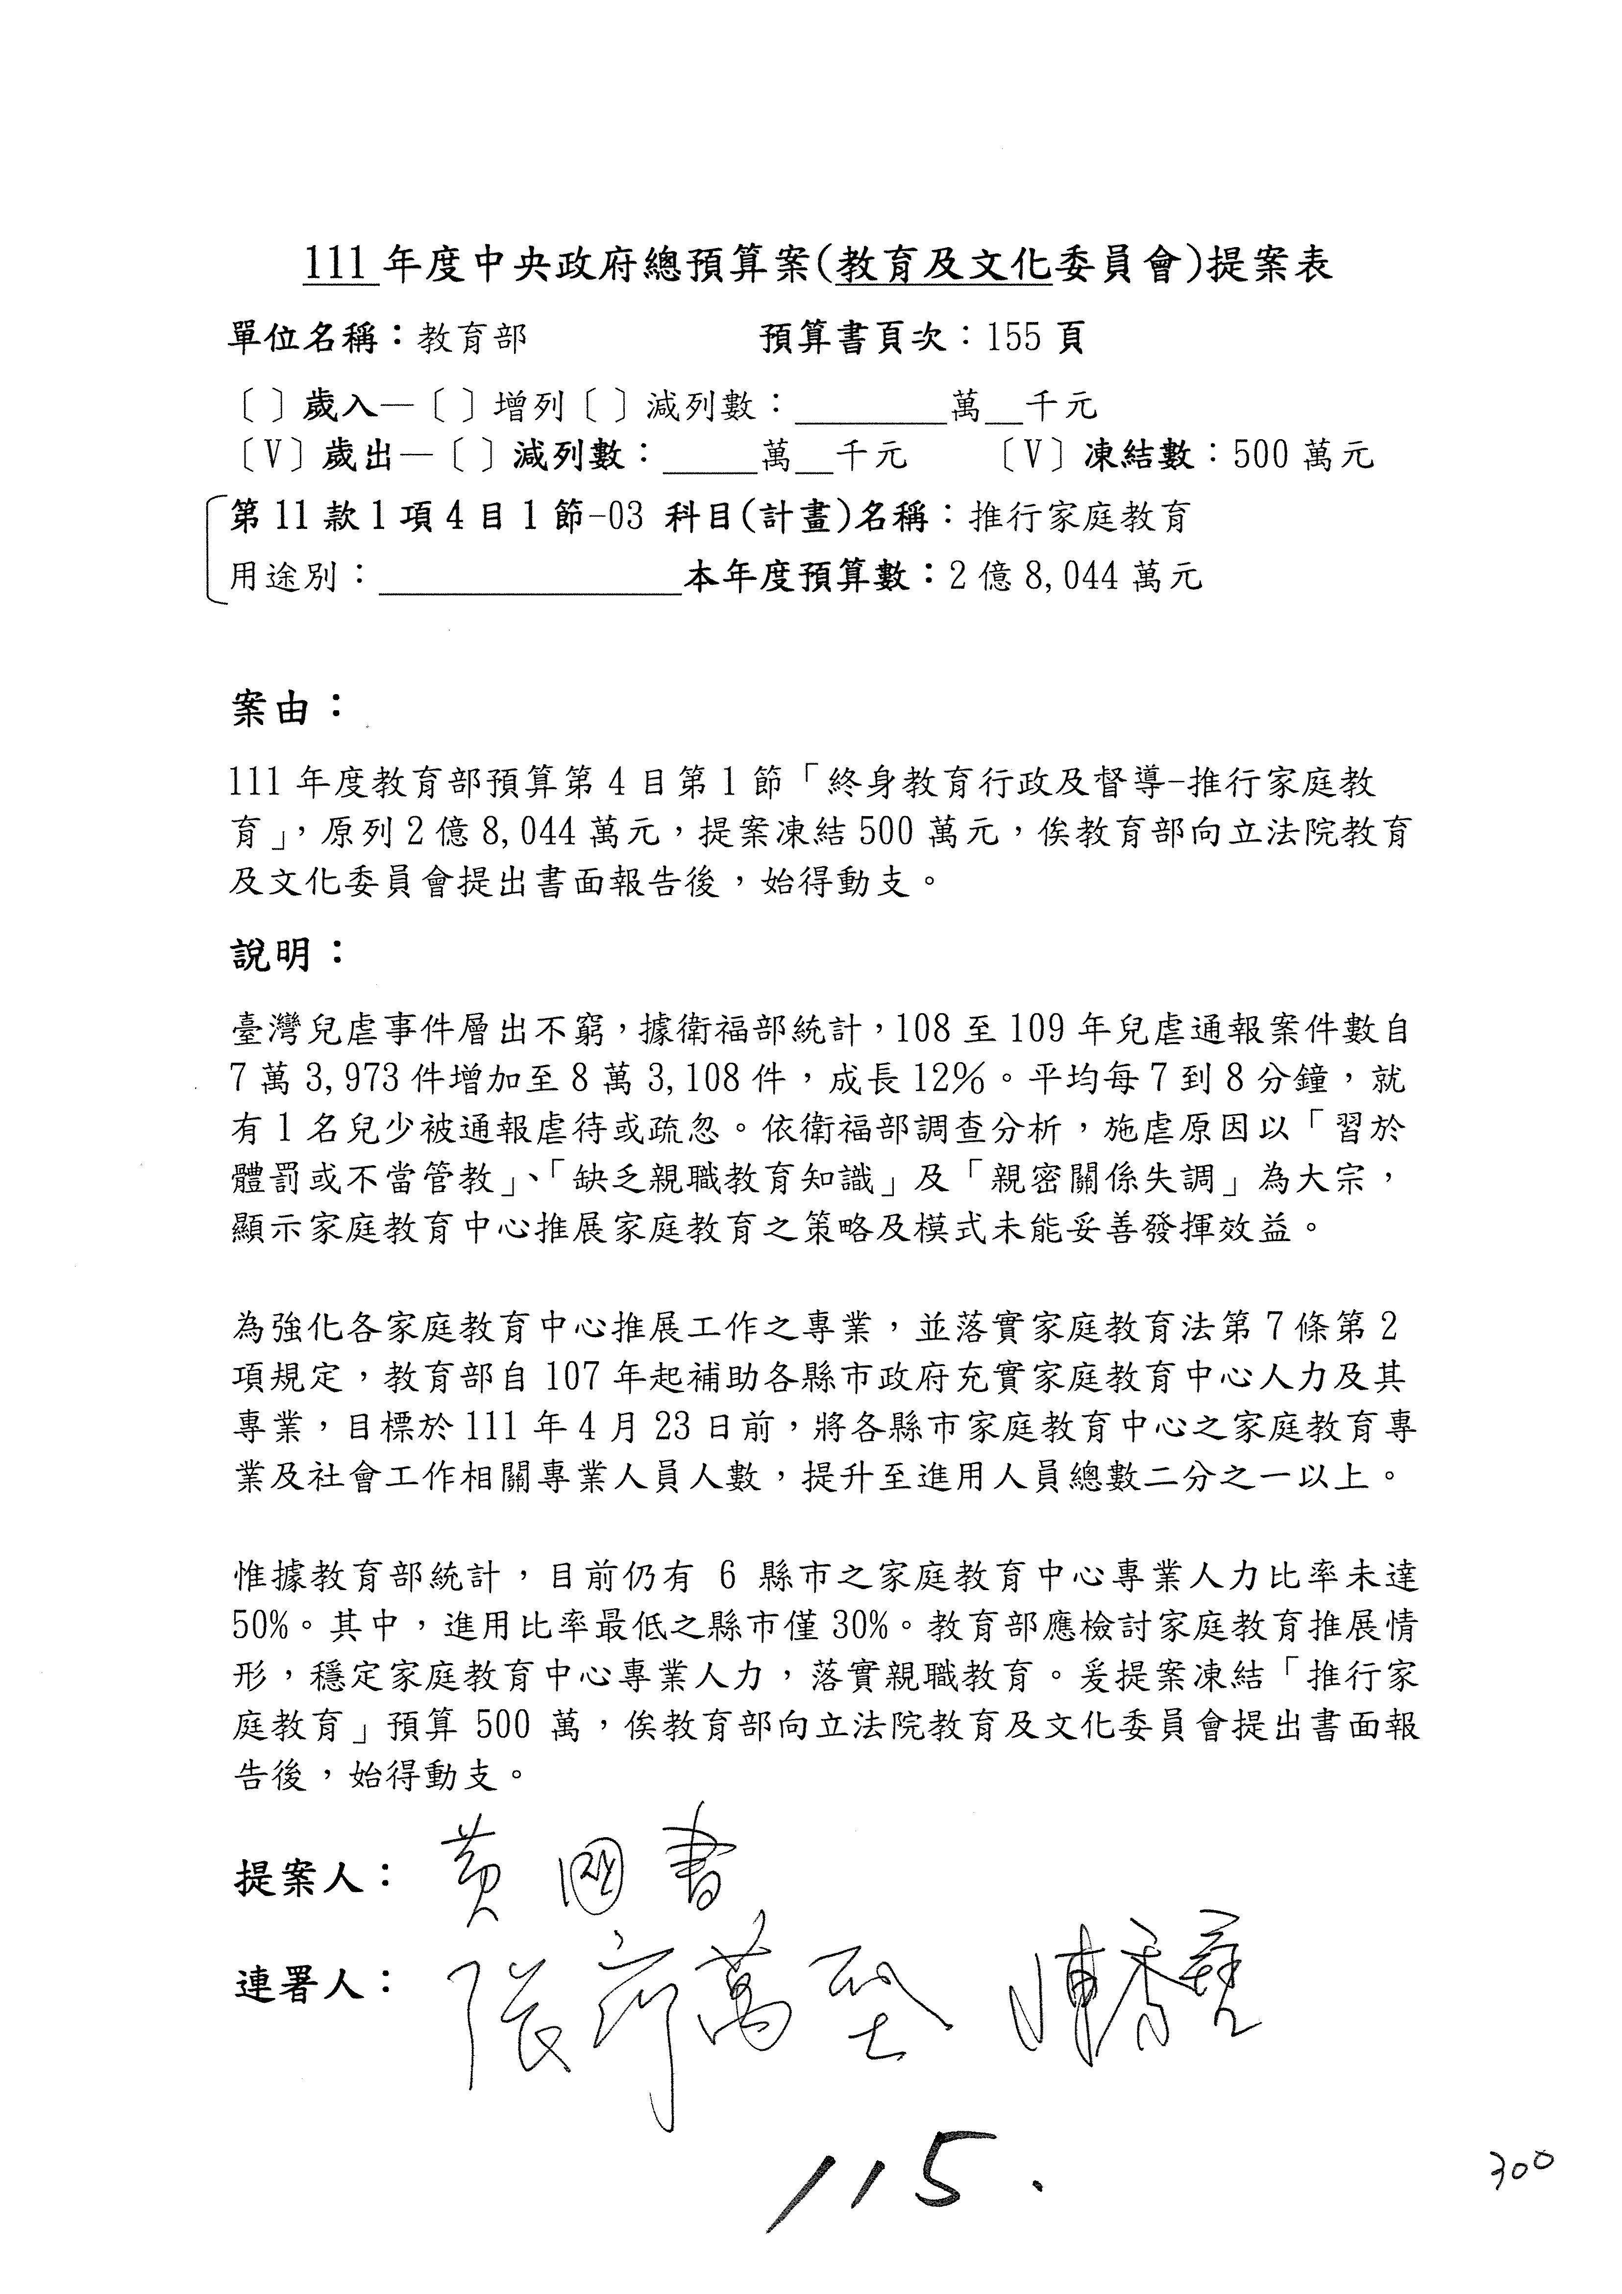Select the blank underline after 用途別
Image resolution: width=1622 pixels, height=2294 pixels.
529,579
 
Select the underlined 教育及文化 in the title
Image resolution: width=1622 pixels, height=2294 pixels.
944,267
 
